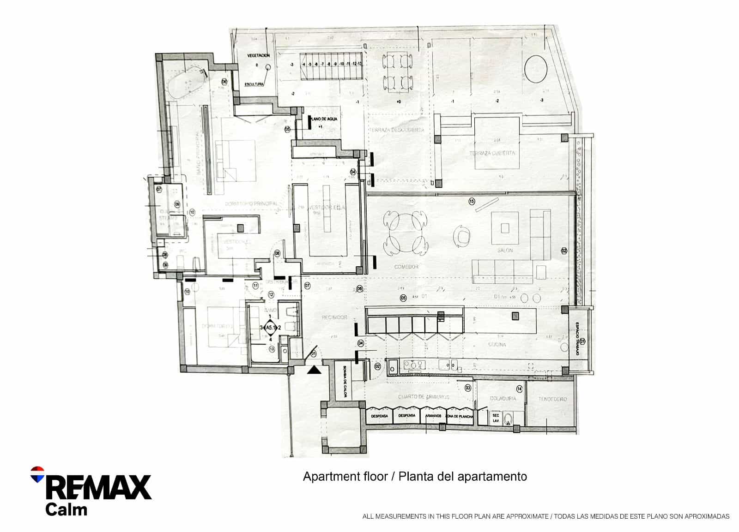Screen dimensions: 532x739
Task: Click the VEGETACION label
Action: (258, 55)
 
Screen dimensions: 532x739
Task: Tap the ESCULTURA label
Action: (254, 84)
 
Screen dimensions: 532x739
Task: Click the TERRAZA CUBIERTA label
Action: (492, 153)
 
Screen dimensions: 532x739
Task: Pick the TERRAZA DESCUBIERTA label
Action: (397, 130)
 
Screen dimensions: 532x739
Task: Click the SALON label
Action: (505, 251)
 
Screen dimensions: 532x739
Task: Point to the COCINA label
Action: (497, 345)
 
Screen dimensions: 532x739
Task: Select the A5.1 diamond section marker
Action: (270, 328)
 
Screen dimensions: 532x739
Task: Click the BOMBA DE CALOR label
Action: (345, 383)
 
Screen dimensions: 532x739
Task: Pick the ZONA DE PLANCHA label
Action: (459, 416)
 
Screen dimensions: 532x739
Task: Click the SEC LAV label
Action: (496, 418)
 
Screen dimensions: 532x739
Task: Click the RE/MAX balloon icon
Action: (37, 474)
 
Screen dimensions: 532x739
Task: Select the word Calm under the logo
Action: (66, 509)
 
